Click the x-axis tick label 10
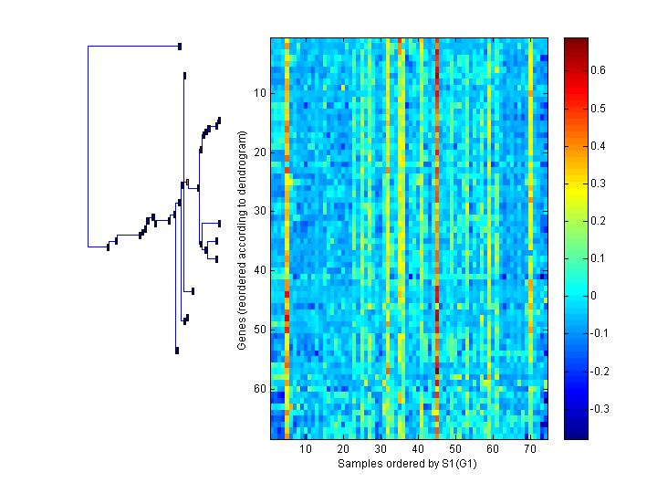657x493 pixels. click(x=306, y=449)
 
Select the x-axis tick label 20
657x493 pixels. click(x=343, y=449)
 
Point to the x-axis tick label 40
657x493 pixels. click(x=417, y=449)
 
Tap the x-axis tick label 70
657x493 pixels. click(x=529, y=449)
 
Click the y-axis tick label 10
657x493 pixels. click(x=258, y=92)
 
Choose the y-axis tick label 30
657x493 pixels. click(x=258, y=211)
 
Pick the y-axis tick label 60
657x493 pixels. click(x=258, y=389)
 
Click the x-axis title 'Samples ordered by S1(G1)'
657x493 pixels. click(x=407, y=464)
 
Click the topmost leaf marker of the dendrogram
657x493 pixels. click(x=180, y=46)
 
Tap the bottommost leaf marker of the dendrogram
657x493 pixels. click(x=177, y=351)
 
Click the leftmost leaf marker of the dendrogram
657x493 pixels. click(x=109, y=246)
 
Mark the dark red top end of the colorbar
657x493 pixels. click(x=576, y=42)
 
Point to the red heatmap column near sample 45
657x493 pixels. click(x=437, y=237)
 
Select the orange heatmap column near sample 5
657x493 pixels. click(x=287, y=237)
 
